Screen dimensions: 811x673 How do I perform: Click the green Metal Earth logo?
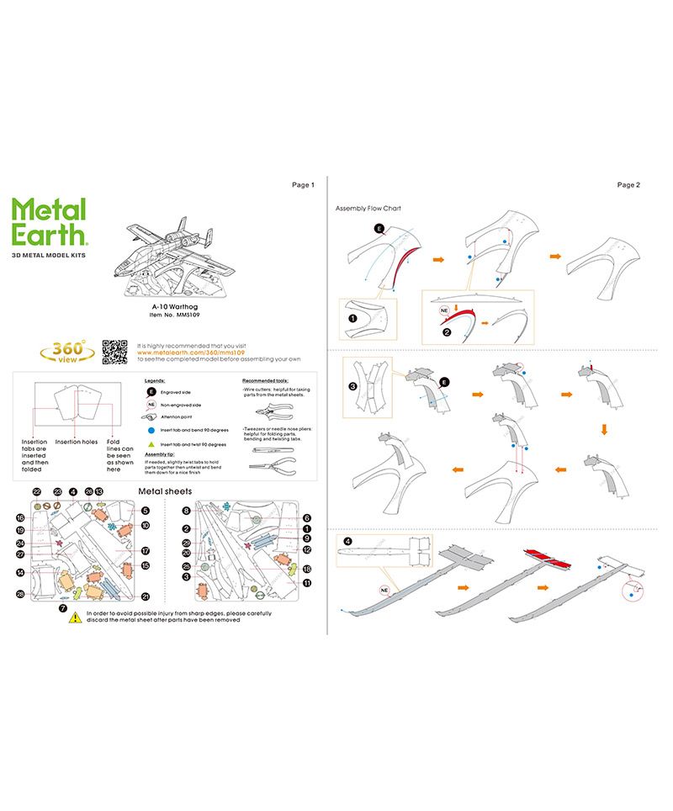point(50,221)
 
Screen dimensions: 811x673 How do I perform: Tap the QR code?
point(114,352)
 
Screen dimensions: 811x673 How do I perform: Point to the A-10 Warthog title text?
point(175,307)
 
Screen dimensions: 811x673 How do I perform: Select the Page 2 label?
point(628,184)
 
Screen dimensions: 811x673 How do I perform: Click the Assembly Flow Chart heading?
point(367,208)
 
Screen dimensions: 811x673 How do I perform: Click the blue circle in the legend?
point(152,429)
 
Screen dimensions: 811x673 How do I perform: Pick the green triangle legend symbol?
point(152,443)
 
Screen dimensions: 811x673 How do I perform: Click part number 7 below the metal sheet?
point(62,607)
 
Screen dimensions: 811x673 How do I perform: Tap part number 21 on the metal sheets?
point(146,596)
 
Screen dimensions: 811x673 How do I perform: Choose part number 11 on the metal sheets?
point(307,581)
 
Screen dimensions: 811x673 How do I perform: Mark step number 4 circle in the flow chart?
point(347,542)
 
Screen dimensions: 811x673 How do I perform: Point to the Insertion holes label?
point(77,441)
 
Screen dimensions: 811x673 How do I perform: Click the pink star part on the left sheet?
point(58,543)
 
